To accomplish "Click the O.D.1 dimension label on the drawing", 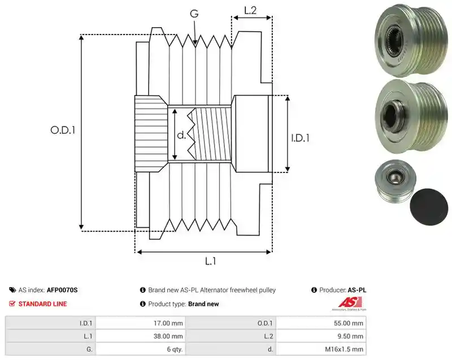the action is click(63, 131).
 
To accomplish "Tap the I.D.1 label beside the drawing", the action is click(301, 138).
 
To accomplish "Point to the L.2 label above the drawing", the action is click(250, 10).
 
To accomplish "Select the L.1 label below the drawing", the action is click(210, 261).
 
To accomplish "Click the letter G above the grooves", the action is click(194, 13).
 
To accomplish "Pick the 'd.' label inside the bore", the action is click(181, 135).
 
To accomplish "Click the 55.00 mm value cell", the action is click(321, 323).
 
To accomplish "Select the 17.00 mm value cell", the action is click(141, 323).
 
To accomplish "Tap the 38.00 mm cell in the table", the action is click(141, 336).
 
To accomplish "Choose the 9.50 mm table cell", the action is click(321, 336).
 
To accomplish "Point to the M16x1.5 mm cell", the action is click(321, 349).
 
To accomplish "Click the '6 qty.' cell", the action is click(141, 349).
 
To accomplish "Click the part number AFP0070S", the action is click(62, 290).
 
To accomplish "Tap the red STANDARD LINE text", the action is click(43, 304).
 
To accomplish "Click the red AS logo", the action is click(349, 303).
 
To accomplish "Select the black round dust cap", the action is click(429, 207).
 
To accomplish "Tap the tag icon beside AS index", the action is click(12, 290).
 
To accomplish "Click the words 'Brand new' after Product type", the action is click(203, 304).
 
